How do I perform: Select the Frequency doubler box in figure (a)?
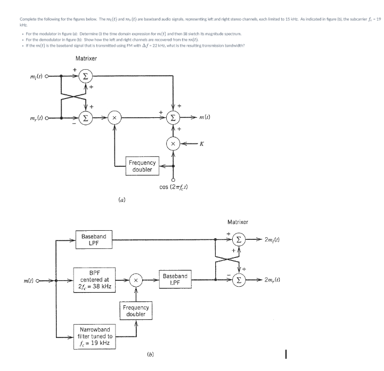[x=142, y=166]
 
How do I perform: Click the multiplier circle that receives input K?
[x=173, y=144]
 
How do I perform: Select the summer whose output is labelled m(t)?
[x=173, y=117]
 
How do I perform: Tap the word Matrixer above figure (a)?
[x=86, y=58]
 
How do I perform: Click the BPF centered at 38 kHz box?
[x=94, y=279]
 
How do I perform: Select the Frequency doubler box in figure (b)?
[x=136, y=311]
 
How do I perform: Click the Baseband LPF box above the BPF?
[x=94, y=239]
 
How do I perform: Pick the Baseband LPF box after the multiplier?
[x=175, y=279]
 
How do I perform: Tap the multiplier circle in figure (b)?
[x=136, y=279]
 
